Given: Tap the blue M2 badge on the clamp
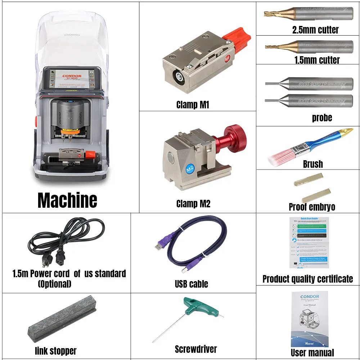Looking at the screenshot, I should click(190, 168).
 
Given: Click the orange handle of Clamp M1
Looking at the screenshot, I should click(235, 39).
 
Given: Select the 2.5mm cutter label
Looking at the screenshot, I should click(315, 30).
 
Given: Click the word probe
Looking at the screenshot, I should click(322, 118).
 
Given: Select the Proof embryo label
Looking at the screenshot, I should click(312, 207).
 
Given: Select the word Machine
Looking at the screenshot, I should click(67, 200).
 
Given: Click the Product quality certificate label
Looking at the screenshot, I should click(307, 279).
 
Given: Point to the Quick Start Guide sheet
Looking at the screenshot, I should click(309, 242).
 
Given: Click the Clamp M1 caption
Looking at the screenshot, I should click(193, 105).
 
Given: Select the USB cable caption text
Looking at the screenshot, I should click(191, 284).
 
